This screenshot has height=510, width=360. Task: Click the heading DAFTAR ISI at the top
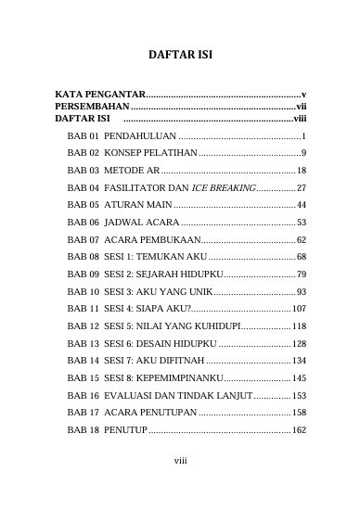(181, 56)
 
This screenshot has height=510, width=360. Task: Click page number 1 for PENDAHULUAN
(304, 136)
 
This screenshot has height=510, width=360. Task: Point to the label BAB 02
(84, 152)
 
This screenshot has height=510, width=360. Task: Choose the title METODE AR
(131, 171)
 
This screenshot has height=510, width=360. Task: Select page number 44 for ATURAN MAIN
(302, 205)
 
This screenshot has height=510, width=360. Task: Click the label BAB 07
(84, 240)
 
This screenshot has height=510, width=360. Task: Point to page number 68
(302, 255)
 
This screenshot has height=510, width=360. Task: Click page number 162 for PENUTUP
(299, 430)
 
